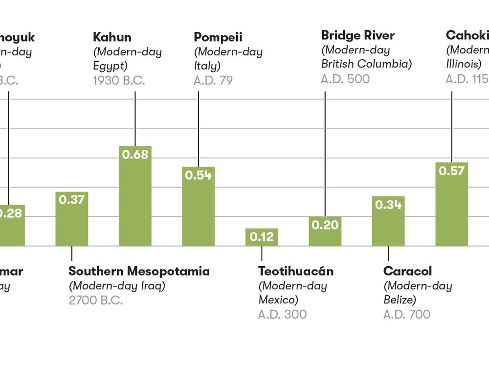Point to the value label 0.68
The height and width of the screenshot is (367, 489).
(135, 154)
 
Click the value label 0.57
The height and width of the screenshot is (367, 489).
(451, 171)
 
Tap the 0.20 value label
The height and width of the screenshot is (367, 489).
(325, 225)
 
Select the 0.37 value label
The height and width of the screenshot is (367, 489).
(72, 200)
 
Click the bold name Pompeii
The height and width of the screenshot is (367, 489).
(218, 37)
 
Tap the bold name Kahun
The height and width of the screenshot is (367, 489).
(112, 37)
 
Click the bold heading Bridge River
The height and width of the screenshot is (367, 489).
(357, 35)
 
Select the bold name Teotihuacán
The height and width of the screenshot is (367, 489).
(296, 271)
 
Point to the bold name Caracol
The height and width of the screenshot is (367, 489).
(407, 271)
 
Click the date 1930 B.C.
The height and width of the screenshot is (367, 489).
(119, 80)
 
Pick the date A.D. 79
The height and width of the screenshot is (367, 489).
(213, 80)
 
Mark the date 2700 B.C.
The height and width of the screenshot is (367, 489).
(96, 300)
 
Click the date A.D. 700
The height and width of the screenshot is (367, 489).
(407, 314)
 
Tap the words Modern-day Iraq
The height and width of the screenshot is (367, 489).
(117, 286)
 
